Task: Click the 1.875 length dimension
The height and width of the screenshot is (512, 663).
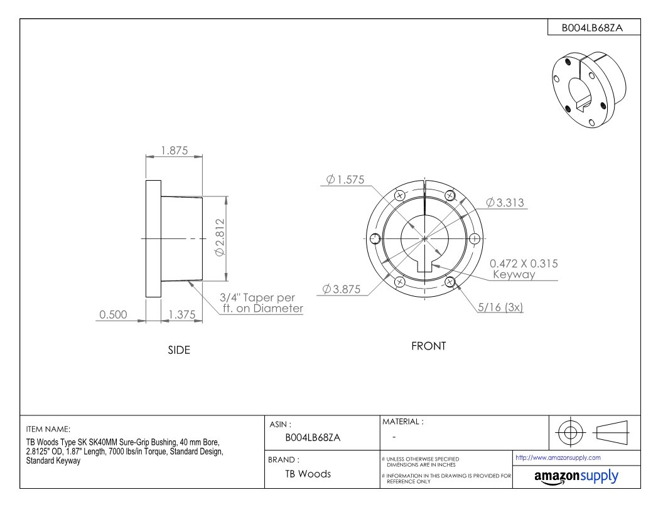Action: (x=174, y=151)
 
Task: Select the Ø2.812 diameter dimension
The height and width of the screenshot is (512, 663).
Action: (x=220, y=237)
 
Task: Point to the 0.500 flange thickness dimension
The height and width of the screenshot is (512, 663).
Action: (x=113, y=315)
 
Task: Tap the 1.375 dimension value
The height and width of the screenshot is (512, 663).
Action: (x=182, y=315)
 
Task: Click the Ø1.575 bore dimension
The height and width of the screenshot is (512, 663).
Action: (x=345, y=179)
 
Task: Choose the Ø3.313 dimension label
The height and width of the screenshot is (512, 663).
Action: (x=505, y=203)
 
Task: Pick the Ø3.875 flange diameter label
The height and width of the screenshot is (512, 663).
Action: (x=341, y=289)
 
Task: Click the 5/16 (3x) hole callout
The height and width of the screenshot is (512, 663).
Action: (x=500, y=307)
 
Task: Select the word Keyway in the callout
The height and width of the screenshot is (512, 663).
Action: (x=514, y=275)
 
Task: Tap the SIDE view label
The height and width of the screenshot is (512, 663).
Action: (x=179, y=350)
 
